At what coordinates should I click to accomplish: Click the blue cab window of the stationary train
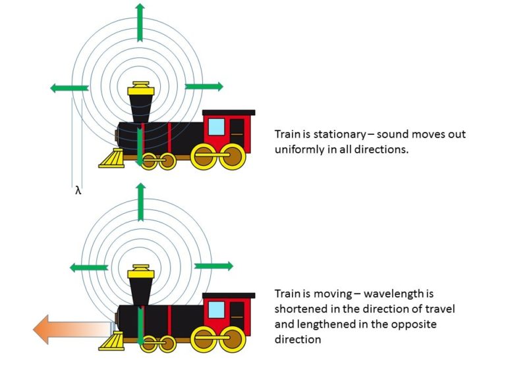pos(217,126)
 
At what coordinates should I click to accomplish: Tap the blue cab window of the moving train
pos(217,309)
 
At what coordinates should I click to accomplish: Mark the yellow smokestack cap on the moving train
pos(140,272)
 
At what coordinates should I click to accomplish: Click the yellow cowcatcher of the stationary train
pos(112,159)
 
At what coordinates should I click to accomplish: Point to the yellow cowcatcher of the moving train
pos(112,340)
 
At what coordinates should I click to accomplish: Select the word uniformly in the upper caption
pos(298,149)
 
